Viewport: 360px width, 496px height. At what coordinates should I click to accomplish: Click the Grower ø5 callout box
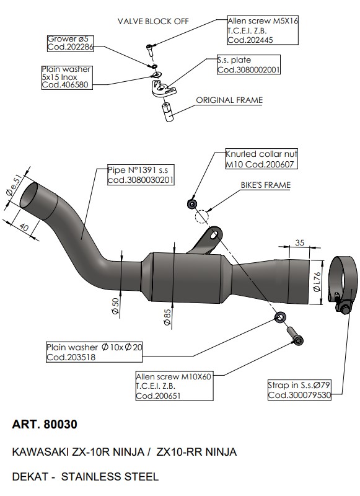[x=70, y=43]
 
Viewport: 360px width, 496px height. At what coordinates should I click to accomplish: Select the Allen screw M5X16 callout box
[x=263, y=30]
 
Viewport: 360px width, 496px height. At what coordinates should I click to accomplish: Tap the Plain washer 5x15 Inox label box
[x=67, y=77]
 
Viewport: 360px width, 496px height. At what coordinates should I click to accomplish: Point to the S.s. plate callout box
[x=248, y=65]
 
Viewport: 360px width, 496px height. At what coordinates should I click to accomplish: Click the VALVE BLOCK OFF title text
[x=153, y=22]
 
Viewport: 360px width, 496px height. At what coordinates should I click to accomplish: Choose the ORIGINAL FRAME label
[x=229, y=100]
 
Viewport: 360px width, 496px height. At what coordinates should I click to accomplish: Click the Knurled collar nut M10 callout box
[x=261, y=159]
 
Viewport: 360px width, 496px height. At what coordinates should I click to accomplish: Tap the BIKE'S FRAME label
[x=265, y=185]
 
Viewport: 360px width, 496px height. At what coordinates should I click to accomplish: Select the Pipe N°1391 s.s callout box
[x=141, y=175]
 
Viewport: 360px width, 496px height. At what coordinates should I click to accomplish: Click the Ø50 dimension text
[x=116, y=306]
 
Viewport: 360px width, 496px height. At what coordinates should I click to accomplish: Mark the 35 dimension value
[x=300, y=242]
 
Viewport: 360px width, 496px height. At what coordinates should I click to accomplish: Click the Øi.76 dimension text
[x=317, y=281]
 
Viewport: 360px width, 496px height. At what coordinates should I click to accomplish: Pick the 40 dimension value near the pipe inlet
[x=24, y=227]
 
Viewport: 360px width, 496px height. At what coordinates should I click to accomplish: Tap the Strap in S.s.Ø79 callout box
[x=299, y=390]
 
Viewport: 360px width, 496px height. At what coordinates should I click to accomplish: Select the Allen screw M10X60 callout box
[x=174, y=386]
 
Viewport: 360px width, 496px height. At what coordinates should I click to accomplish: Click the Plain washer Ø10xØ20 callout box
[x=94, y=352]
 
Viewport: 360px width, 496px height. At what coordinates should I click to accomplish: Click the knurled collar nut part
[x=192, y=204]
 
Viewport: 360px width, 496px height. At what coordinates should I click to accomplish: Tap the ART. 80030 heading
[x=45, y=424]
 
